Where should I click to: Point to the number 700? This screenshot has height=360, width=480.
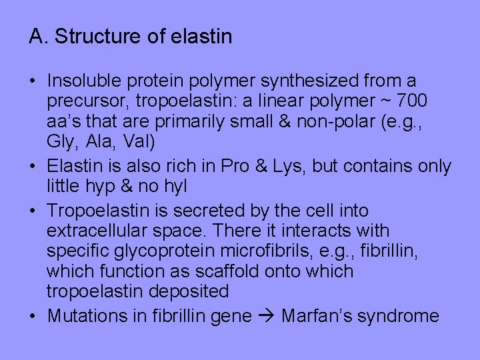pos(413,101)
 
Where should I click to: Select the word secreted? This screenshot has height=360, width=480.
pos(199,211)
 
